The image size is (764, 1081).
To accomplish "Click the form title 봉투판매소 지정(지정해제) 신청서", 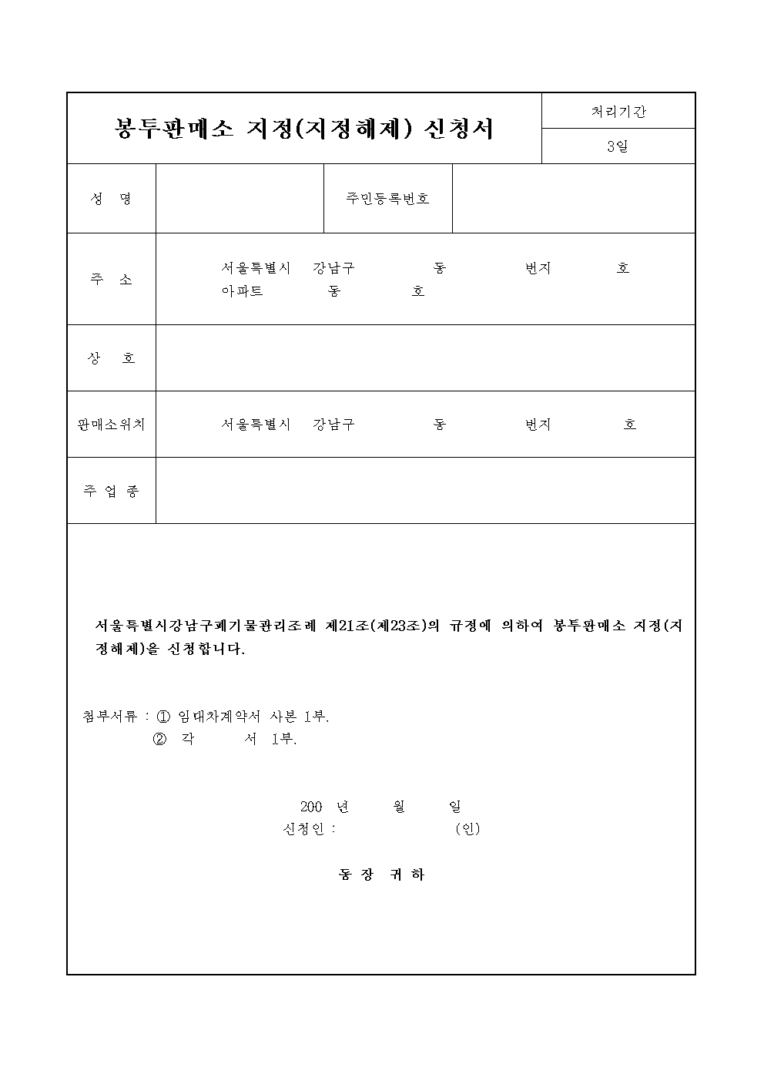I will click(303, 129).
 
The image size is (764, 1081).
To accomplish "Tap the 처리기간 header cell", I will click(618, 111).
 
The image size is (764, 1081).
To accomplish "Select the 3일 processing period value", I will click(618, 146).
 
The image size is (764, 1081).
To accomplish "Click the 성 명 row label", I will click(112, 199).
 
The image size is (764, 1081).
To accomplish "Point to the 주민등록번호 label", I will click(387, 199).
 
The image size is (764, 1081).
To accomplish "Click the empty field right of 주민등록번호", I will click(573, 199).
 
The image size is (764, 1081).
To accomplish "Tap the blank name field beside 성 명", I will click(240, 199).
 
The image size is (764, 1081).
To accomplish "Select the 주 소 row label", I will click(112, 279).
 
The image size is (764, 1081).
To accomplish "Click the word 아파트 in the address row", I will click(243, 292).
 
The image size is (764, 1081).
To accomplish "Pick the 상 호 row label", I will click(112, 358).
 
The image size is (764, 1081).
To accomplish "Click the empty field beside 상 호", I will click(425, 358).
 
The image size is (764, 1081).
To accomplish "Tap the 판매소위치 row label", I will click(112, 425).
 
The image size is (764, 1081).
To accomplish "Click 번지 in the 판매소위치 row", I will click(538, 425).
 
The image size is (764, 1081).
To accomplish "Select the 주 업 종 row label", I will click(112, 491).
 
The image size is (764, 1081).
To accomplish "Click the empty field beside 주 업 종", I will click(425, 491).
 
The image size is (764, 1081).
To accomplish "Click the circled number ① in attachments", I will click(163, 716).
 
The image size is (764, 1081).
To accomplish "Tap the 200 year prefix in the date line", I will click(310, 807).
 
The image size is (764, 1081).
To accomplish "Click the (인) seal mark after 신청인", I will click(467, 829).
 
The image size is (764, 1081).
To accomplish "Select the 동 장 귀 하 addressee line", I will click(381, 875).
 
